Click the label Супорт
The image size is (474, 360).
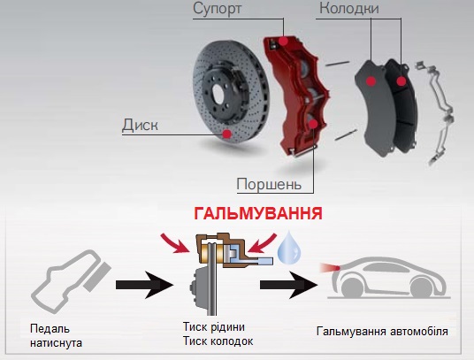click(217, 9)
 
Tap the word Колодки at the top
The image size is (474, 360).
click(349, 8)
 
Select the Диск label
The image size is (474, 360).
click(140, 125)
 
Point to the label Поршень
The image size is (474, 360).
click(269, 184)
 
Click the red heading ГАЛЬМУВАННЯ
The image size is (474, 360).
click(258, 214)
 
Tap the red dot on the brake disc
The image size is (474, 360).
click(226, 134)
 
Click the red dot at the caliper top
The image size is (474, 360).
click(283, 41)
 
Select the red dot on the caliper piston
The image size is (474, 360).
click(313, 124)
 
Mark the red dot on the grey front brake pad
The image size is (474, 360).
click(371, 81)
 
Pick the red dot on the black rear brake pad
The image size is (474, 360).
click(401, 81)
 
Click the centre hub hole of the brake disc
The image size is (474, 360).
click(218, 94)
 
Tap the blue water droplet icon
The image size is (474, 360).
click(289, 247)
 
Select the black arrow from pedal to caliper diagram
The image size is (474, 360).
click(144, 285)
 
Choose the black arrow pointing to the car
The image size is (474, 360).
click(288, 285)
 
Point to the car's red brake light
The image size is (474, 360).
click(331, 267)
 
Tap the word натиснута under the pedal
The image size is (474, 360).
click(57, 343)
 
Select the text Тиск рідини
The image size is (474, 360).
click(214, 326)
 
